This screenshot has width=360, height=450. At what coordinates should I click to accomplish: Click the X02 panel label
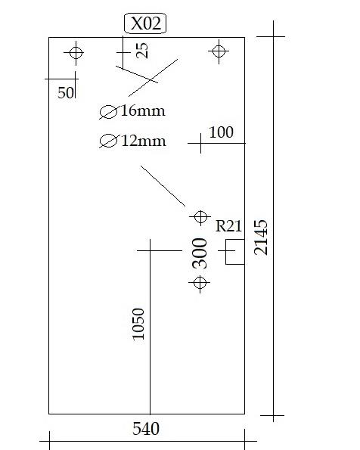click(145, 23)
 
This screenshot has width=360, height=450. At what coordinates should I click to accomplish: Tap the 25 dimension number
click(142, 51)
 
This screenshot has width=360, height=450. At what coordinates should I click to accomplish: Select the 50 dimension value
click(66, 93)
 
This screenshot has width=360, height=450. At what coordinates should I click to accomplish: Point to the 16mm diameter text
click(143, 110)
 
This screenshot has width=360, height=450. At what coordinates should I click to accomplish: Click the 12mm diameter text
click(144, 141)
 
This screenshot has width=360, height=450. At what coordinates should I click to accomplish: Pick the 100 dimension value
click(221, 132)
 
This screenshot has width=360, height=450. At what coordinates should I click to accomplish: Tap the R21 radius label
click(228, 225)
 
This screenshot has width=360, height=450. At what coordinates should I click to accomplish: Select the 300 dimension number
click(200, 253)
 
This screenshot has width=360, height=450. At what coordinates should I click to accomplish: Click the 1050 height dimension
click(138, 324)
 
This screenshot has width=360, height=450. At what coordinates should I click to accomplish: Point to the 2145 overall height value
click(261, 237)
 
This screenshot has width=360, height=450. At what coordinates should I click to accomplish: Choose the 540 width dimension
click(146, 429)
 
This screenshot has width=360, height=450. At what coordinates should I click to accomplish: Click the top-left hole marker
click(76, 53)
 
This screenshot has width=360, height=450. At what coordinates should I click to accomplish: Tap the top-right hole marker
click(219, 51)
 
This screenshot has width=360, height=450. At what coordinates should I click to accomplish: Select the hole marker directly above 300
click(200, 216)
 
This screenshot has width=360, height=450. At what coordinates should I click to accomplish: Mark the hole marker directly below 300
click(200, 283)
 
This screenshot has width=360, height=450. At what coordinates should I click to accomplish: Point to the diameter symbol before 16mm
click(108, 112)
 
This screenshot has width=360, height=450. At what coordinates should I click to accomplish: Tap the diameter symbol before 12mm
click(108, 141)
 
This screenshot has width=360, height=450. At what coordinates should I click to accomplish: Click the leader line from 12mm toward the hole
click(163, 186)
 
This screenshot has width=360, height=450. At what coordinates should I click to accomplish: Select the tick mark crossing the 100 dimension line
click(200, 143)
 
